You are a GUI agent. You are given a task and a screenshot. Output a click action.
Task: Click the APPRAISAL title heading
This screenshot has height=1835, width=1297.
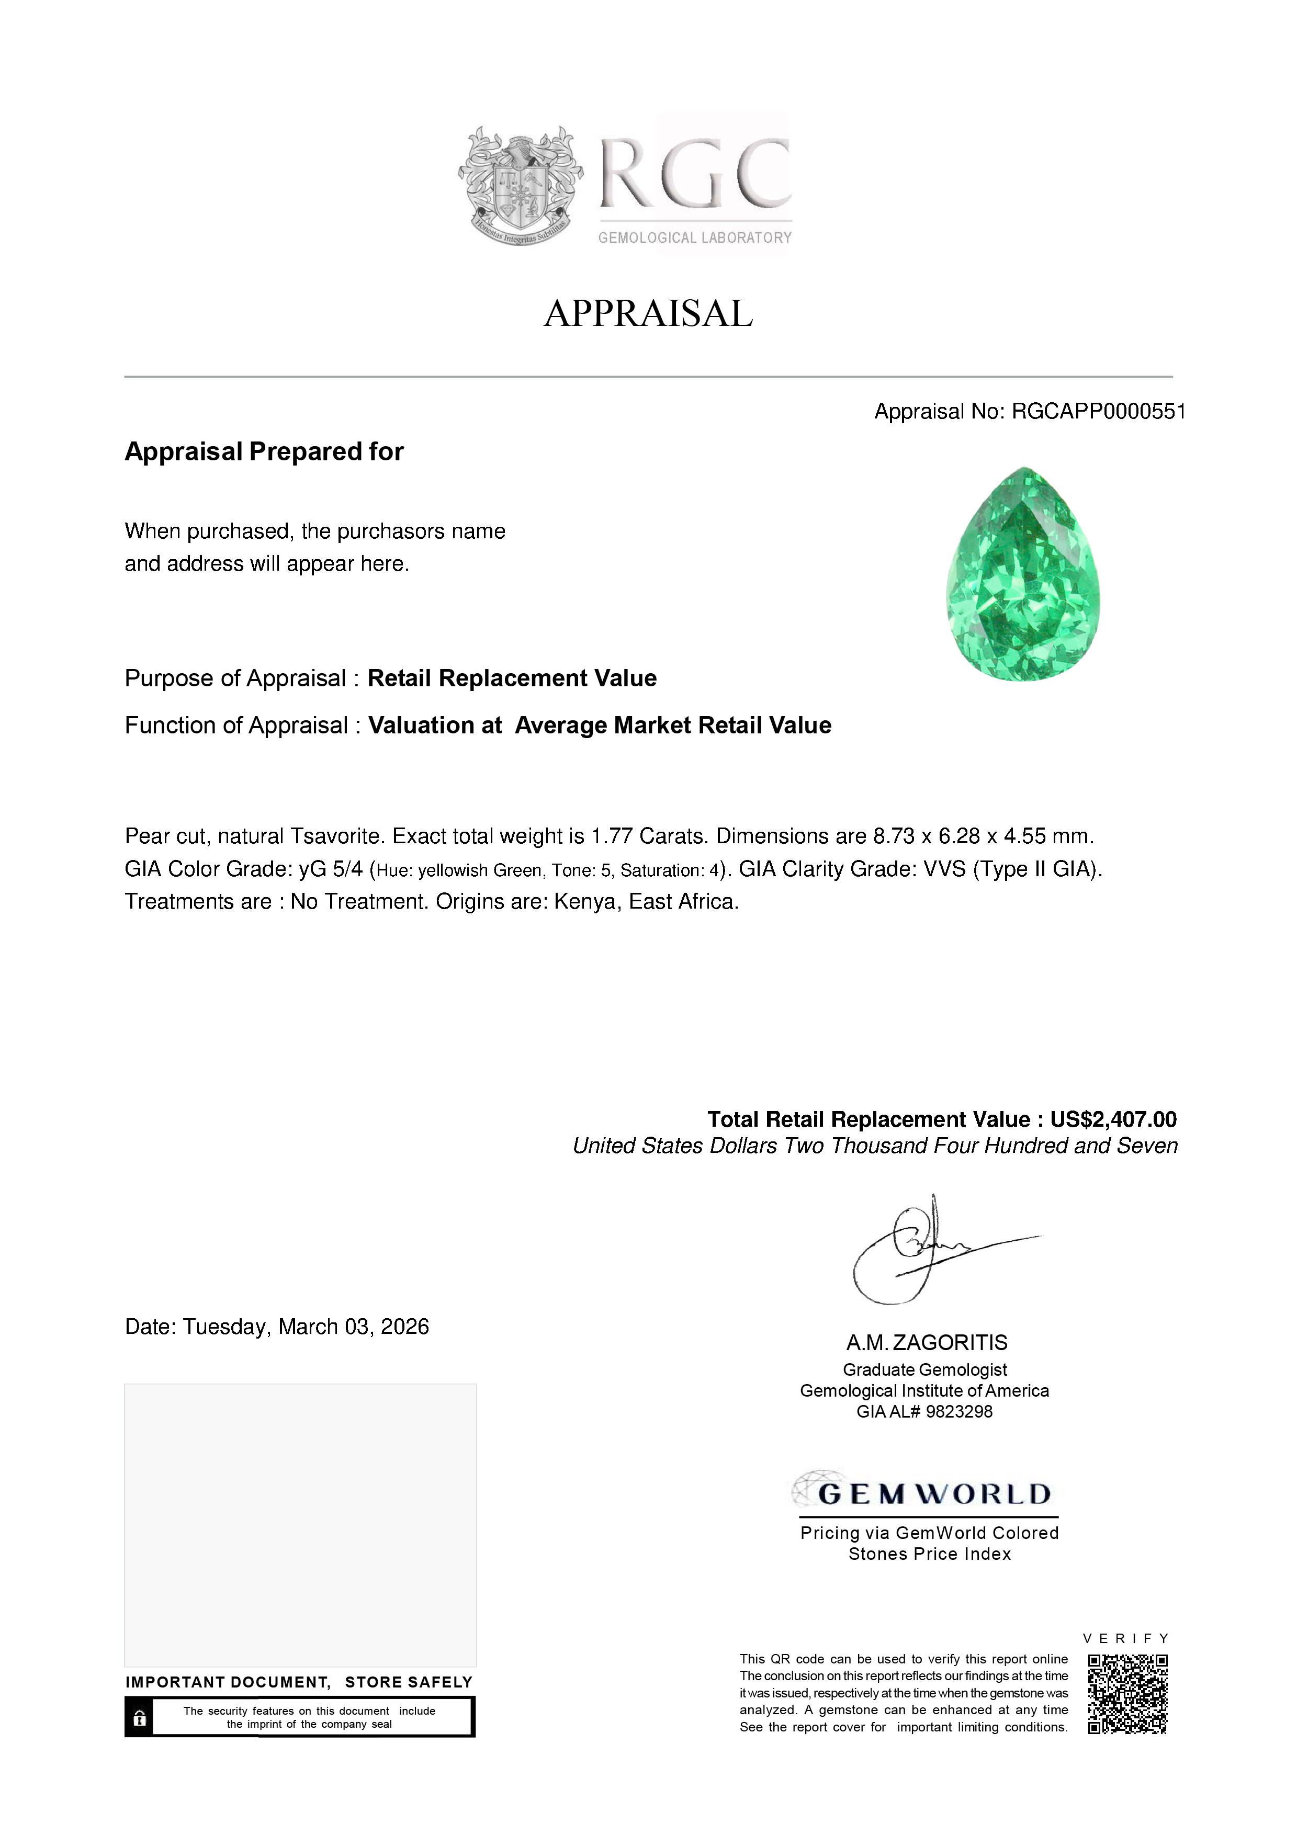tap(648, 313)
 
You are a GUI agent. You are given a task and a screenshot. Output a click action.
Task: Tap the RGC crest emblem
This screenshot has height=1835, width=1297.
tap(520, 185)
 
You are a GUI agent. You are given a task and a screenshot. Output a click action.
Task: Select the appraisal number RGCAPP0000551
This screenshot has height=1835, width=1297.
tap(1098, 412)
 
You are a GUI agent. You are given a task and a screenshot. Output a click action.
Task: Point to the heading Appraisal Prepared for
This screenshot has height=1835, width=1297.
tap(264, 451)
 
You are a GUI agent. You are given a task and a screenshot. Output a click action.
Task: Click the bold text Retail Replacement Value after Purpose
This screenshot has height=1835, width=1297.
tap(512, 678)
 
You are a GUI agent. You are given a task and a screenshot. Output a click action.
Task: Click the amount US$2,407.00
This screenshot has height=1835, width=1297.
tap(1113, 1120)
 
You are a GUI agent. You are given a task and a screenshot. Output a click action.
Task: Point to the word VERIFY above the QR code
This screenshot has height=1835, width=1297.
tap(1126, 1638)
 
